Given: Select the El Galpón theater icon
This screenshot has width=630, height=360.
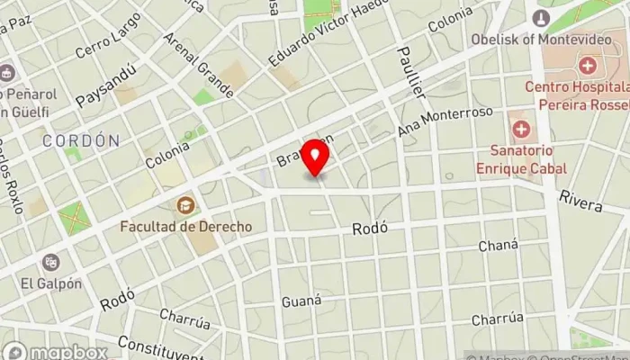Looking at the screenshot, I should pos(51,262).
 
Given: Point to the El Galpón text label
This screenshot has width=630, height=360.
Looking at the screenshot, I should pos(51,283).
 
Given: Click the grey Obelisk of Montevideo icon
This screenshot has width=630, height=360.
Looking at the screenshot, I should pos(541,17).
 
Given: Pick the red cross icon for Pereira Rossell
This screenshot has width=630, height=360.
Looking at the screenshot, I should pos(587,66).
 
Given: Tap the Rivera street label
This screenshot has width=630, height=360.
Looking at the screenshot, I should pos(580,201).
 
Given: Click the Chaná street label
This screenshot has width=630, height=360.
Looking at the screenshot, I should pos(499,246).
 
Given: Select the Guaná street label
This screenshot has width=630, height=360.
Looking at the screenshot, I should pos(301,300).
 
